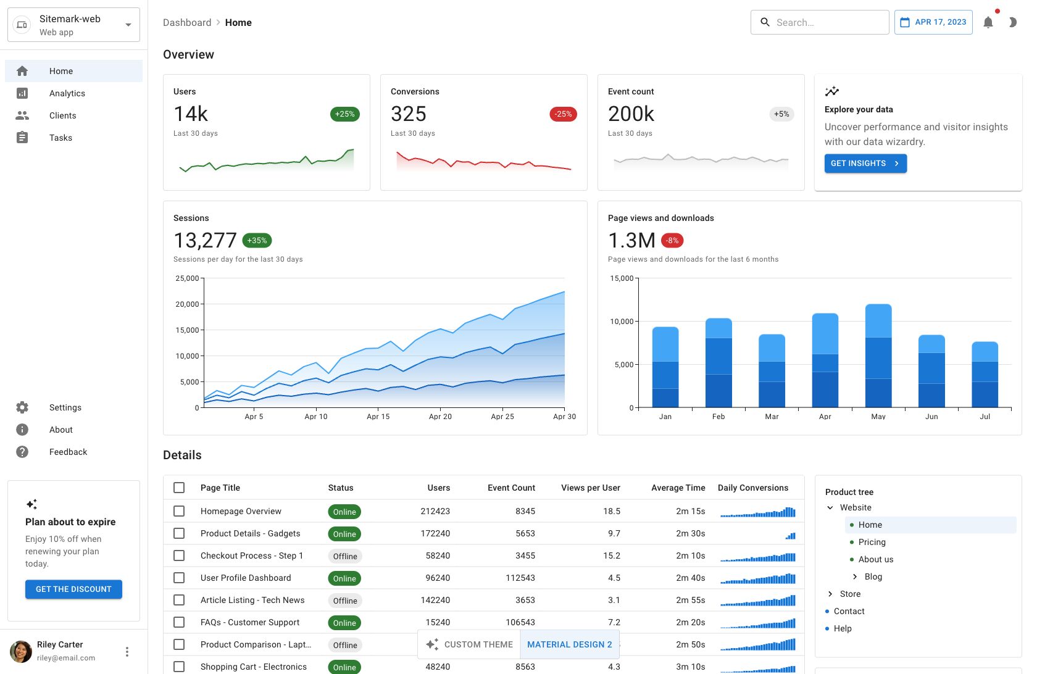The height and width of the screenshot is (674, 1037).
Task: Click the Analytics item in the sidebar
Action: pyautogui.click(x=67, y=93)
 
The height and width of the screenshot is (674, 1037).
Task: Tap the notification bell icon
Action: pyautogui.click(x=988, y=23)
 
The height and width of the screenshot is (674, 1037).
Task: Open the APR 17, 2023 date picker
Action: pyautogui.click(x=933, y=22)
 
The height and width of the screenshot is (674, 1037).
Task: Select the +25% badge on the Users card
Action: pyautogui.click(x=345, y=114)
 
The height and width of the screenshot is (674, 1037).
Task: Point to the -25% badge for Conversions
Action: pyautogui.click(x=563, y=114)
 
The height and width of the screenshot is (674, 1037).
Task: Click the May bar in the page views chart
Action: pyautogui.click(x=878, y=356)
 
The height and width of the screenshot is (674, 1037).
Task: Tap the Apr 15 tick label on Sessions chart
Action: pyautogui.click(x=378, y=417)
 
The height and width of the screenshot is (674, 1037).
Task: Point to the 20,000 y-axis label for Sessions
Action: pyautogui.click(x=187, y=304)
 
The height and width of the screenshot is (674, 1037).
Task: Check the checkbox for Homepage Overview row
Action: pyautogui.click(x=179, y=511)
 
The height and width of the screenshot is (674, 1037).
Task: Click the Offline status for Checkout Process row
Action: pyautogui.click(x=345, y=556)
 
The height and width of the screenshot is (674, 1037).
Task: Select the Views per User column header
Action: pyautogui.click(x=591, y=488)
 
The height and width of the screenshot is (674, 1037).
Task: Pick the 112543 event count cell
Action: pyautogui.click(x=520, y=578)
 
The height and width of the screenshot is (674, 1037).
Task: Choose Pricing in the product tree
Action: pyautogui.click(x=872, y=542)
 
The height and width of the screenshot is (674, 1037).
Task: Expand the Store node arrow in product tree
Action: pyautogui.click(x=830, y=594)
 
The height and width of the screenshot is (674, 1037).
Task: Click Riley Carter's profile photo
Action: pyautogui.click(x=21, y=651)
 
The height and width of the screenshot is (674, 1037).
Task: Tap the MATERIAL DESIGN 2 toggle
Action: pyautogui.click(x=569, y=644)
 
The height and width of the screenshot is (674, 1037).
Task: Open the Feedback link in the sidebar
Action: pyautogui.click(x=68, y=452)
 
